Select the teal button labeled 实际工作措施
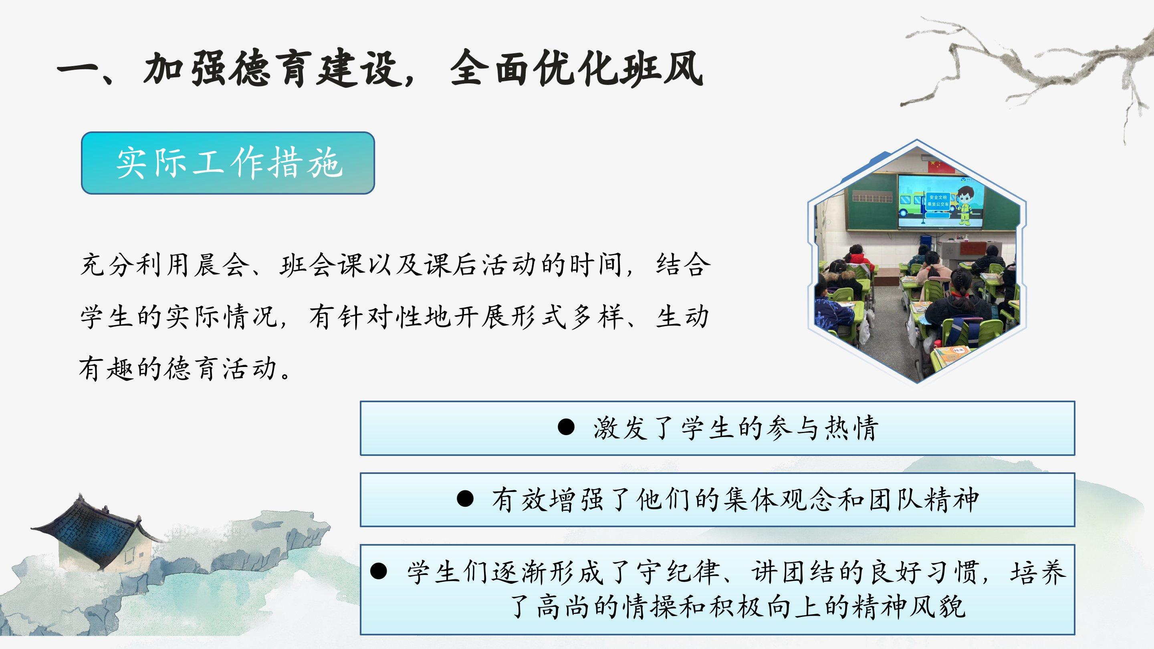[228, 163]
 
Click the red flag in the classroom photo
[935, 166]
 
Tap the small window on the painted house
[130, 555]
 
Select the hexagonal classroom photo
[916, 261]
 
